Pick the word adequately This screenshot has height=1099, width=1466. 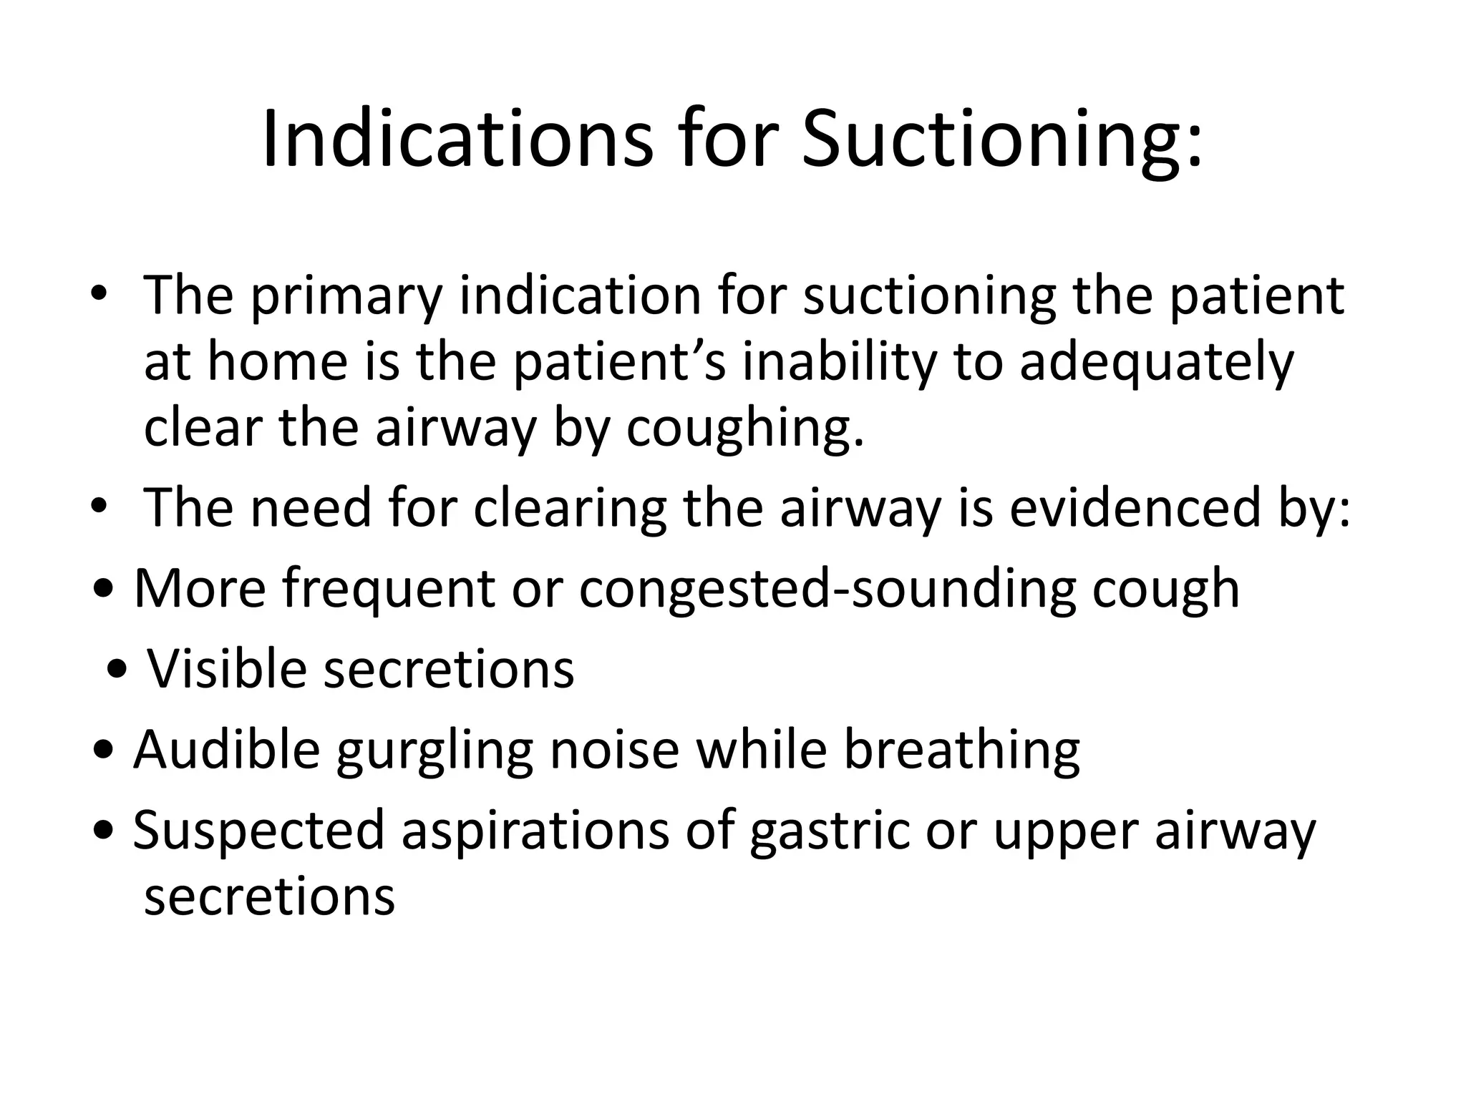[x=1157, y=361]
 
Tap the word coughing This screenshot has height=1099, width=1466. [x=745, y=428]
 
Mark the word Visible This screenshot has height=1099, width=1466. [x=227, y=670]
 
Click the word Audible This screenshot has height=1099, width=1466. [x=226, y=751]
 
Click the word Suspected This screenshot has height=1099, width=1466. [x=259, y=831]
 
